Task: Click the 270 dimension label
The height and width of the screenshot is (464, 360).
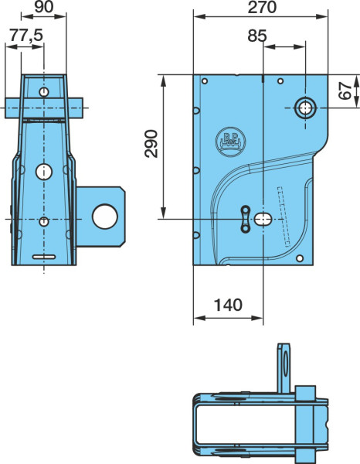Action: tap(262, 8)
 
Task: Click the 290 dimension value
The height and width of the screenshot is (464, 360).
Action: tap(151, 144)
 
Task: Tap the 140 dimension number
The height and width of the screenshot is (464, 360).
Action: tap(228, 305)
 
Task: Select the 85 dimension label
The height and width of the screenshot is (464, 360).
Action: tap(257, 36)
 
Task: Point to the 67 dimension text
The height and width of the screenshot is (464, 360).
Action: tap(345, 90)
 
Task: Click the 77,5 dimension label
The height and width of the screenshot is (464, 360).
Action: tap(26, 36)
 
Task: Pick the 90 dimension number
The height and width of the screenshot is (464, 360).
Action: tap(44, 8)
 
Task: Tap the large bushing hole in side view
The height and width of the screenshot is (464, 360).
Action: tap(305, 108)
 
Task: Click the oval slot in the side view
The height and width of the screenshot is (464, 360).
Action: tap(263, 220)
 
